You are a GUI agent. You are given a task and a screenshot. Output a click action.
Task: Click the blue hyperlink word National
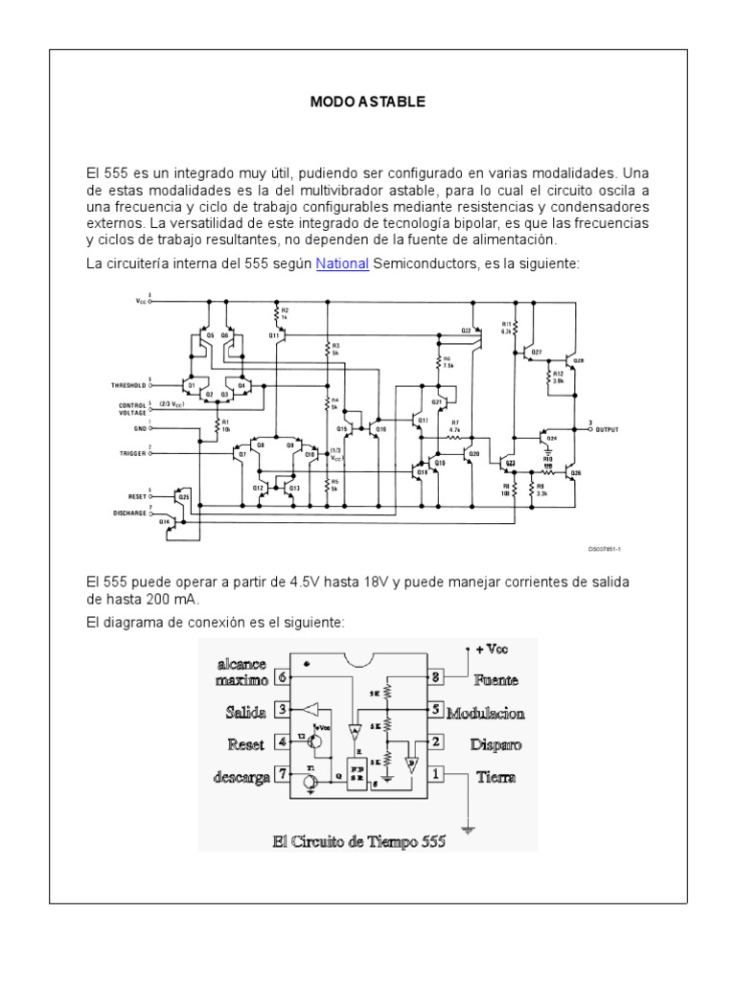[x=342, y=263]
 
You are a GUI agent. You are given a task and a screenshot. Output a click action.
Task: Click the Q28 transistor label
[x=579, y=361]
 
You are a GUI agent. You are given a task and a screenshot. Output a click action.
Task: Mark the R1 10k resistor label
[x=226, y=426]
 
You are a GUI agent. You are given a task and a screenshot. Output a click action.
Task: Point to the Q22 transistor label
[x=466, y=331]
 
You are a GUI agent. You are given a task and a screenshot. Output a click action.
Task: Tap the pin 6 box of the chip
[x=281, y=676]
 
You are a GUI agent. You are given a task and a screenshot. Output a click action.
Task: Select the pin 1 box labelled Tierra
[x=437, y=774]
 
